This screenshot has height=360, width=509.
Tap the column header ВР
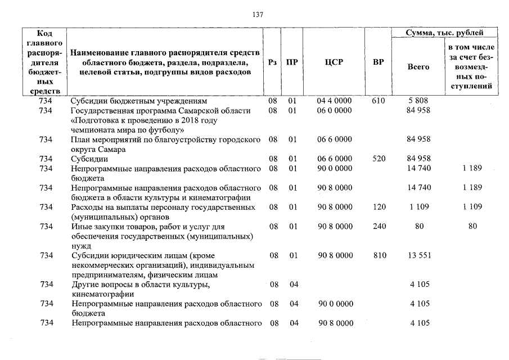[x=379, y=62]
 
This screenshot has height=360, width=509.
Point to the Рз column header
[x=273, y=62]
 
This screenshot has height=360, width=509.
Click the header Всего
[x=418, y=66]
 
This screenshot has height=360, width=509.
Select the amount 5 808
[x=418, y=101]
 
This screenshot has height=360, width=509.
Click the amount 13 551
[x=418, y=255]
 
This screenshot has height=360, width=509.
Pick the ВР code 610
[x=379, y=101]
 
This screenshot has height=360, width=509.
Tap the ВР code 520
[x=379, y=159]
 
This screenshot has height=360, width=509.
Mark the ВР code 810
[x=379, y=255]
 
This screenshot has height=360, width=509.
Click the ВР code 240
[x=379, y=226]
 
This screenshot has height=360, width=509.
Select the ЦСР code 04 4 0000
[x=334, y=101]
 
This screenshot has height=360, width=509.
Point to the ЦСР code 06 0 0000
[x=334, y=110]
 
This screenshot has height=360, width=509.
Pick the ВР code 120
[x=379, y=207]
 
